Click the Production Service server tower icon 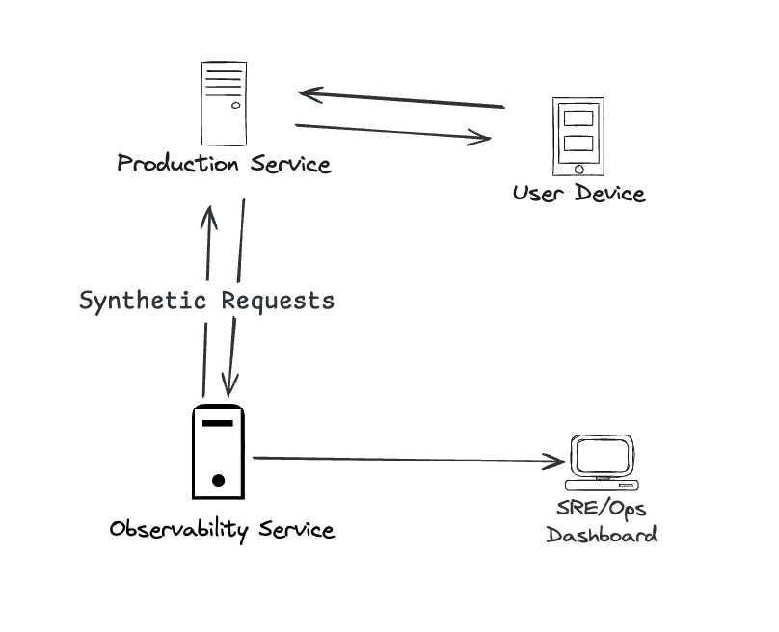(223, 102)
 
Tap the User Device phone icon (578, 135)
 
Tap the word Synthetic (143, 301)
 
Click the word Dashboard (602, 535)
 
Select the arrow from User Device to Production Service (400, 99)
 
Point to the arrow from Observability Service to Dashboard (405, 460)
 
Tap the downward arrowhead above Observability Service (228, 385)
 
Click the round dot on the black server (219, 480)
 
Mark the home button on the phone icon (578, 169)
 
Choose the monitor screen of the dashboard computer (603, 453)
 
